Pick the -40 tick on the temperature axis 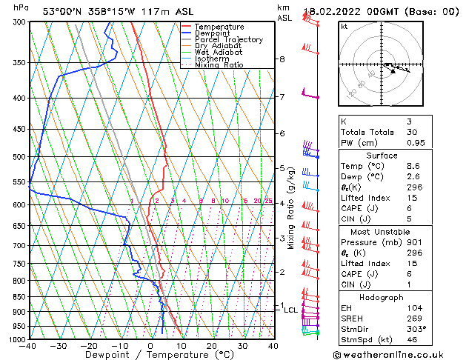coord(29,346)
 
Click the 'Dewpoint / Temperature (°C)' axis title coord(151,355)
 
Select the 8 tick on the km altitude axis coord(282,59)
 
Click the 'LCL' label coord(291,310)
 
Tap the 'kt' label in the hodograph coord(344,26)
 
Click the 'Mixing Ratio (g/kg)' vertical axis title coord(291,208)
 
